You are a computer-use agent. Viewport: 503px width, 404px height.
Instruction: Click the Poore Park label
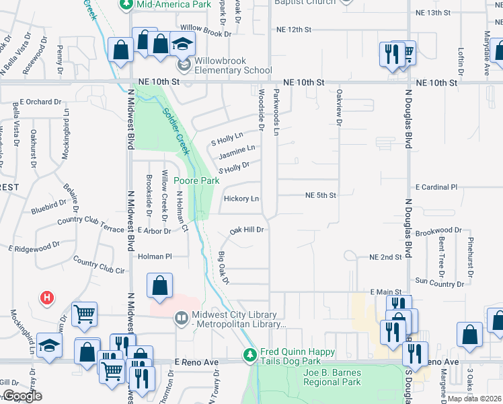[196, 180]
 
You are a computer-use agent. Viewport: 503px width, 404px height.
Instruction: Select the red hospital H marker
[47, 296]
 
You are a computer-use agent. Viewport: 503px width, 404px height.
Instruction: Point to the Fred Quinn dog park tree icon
[250, 353]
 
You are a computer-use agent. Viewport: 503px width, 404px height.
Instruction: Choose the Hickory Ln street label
[241, 199]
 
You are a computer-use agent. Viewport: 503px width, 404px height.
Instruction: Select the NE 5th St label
[320, 195]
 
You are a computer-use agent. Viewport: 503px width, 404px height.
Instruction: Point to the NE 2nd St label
[385, 257]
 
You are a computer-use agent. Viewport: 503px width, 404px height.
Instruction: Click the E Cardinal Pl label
[436, 187]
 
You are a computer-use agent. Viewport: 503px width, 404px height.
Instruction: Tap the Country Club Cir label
[99, 265]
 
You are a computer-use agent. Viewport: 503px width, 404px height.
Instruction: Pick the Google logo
[22, 396]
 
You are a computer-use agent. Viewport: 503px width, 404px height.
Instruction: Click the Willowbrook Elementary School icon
[183, 65]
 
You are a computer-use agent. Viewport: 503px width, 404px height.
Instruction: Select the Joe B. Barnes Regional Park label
[332, 377]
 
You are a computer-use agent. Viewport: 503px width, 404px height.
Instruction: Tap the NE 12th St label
[294, 30]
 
